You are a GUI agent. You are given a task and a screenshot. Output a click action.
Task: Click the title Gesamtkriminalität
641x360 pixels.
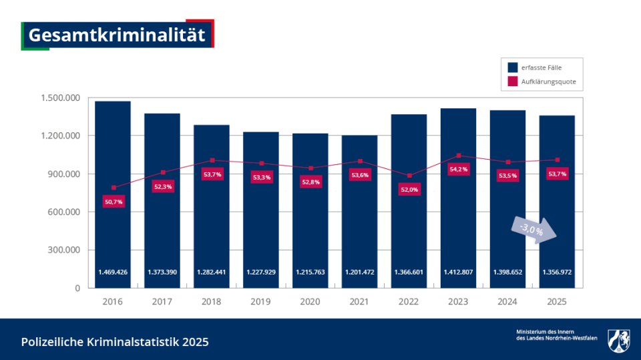point(117,35)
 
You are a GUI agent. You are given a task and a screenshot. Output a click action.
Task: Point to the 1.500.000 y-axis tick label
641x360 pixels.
point(61,98)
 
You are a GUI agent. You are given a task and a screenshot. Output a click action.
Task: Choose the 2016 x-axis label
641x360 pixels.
point(112,302)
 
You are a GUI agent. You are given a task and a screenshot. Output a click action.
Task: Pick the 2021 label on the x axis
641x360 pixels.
point(359,302)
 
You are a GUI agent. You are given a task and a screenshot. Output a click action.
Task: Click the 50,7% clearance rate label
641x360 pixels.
point(114,201)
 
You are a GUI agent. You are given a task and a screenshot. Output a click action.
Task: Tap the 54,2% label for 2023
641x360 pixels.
point(459,169)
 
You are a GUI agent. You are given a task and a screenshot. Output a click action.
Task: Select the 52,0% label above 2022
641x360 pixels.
point(409,189)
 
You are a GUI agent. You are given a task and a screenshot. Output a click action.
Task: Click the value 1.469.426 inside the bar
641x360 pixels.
point(113,273)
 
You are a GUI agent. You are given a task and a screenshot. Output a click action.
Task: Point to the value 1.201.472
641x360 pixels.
point(360,273)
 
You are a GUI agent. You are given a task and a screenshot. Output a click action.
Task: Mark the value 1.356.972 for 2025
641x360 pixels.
point(557,273)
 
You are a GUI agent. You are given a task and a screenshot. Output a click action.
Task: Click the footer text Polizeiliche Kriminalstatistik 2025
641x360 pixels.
point(115,342)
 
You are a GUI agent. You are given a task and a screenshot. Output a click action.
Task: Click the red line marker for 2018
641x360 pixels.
point(212,160)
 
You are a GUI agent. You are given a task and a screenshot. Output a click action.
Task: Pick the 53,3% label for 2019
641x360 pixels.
point(261,177)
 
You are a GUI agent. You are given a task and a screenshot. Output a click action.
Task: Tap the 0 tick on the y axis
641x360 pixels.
point(77,289)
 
